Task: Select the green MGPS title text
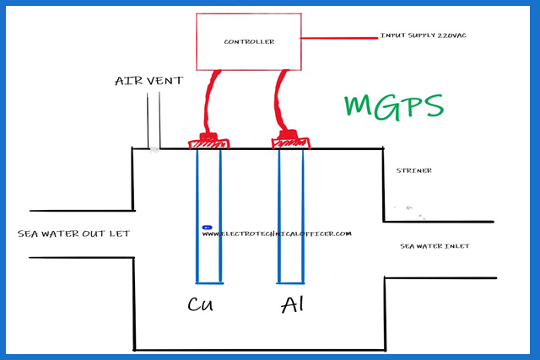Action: [x=393, y=107]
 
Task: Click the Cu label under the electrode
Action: [x=201, y=304]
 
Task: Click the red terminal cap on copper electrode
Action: [x=208, y=141]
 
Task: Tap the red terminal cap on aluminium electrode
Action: [x=289, y=141]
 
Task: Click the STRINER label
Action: [x=414, y=170]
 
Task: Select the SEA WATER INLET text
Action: [x=435, y=246]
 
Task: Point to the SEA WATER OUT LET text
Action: [x=73, y=234]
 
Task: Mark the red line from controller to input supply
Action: [x=337, y=38]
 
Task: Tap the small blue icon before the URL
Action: [x=206, y=228]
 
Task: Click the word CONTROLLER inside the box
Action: [x=249, y=41]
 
